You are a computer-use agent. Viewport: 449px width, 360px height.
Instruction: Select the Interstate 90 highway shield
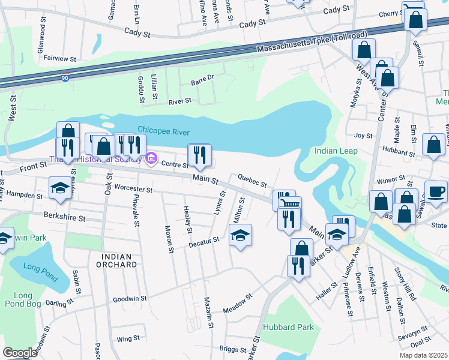[65, 77]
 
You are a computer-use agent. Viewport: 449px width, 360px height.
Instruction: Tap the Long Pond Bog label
[23, 299]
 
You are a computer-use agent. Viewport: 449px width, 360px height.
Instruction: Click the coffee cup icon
[436, 191]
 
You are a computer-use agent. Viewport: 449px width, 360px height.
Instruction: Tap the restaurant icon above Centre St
[199, 155]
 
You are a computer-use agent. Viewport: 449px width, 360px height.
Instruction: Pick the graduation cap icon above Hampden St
[59, 188]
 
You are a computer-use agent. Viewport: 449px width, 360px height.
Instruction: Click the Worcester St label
[133, 190]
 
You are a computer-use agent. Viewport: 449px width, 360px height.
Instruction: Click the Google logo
[20, 353]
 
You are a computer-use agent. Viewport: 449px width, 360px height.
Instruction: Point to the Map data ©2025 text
[424, 355]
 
